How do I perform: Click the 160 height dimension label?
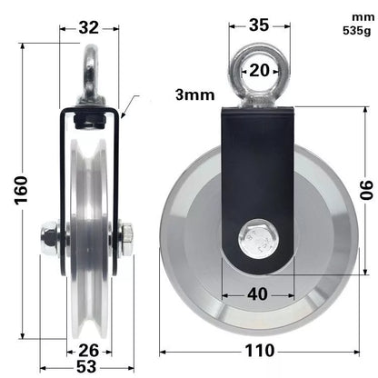point(21,190)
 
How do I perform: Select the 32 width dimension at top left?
point(88,27)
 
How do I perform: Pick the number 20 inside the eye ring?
point(258,70)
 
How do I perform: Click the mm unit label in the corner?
point(357,16)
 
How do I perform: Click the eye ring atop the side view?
point(89,77)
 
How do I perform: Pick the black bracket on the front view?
point(257,154)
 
